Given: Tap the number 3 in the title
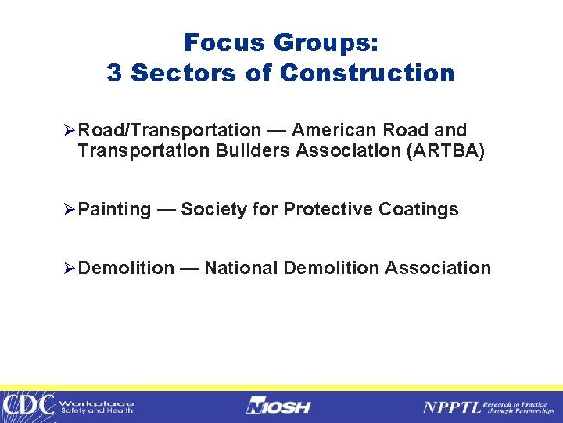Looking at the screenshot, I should [x=115, y=73].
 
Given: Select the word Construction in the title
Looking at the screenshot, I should [x=367, y=73].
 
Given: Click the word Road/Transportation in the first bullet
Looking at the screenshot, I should [x=170, y=130].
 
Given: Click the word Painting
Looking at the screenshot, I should [x=115, y=210].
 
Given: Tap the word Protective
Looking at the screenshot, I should [x=328, y=209].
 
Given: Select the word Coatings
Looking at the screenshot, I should [x=418, y=210].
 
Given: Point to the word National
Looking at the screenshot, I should [x=241, y=268].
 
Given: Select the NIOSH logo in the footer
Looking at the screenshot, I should [x=278, y=407].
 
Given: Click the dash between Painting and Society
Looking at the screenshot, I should [x=166, y=209].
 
